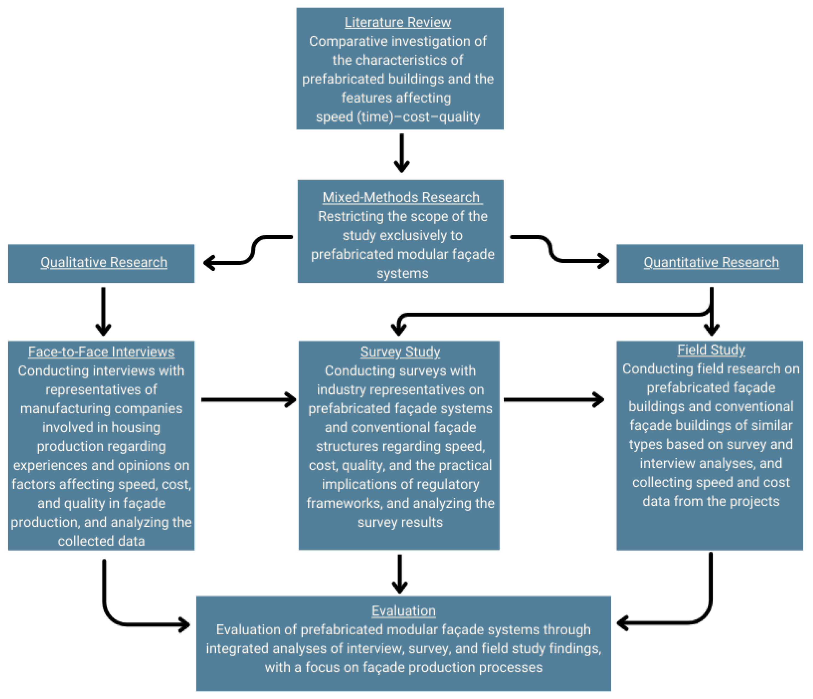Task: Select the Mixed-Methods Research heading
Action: [401, 197]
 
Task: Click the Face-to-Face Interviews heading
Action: [101, 352]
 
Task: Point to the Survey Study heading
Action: [400, 352]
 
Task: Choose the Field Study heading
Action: [711, 350]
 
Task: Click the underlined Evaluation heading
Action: [403, 611]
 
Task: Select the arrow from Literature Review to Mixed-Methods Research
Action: [402, 153]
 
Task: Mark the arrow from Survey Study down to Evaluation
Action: [399, 573]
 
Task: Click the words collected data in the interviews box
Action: [101, 541]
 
